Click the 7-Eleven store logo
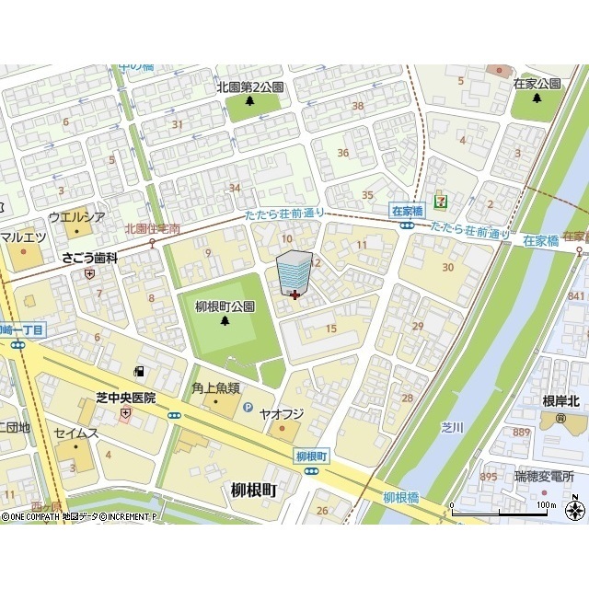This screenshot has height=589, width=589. [x=443, y=196]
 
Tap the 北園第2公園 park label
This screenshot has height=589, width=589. [x=250, y=87]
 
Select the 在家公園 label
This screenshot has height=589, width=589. [x=537, y=84]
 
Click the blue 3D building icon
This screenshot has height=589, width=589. [x=294, y=272]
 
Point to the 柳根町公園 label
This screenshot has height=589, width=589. [x=225, y=306]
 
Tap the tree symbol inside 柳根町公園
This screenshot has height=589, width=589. [x=225, y=321]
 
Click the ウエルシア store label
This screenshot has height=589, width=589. [x=76, y=217]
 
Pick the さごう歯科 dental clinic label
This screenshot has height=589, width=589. [x=90, y=259]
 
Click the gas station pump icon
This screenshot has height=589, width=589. [x=139, y=372]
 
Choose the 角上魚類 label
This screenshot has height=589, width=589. [x=216, y=388]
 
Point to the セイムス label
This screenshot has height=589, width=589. [x=75, y=433]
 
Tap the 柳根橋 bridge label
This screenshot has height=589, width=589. [x=401, y=497]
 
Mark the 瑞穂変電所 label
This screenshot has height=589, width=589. [x=545, y=477]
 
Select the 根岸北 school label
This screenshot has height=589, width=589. [x=560, y=400]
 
